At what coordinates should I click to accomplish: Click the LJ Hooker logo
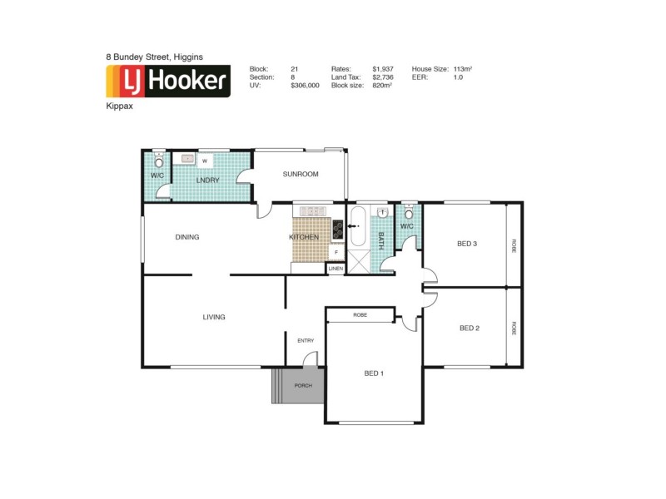coord(167,82)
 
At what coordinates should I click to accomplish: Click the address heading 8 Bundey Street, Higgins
coord(155,57)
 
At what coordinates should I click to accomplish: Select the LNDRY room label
coord(207,180)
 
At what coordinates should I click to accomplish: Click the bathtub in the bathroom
coord(357,227)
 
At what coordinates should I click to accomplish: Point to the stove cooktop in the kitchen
coord(338,227)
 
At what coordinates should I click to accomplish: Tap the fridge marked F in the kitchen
coord(336,252)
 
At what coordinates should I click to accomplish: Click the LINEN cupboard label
coord(335,269)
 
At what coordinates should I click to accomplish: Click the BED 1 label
coord(374,373)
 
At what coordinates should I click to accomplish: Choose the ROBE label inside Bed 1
coord(360,315)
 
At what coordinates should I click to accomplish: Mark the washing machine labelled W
coord(204,161)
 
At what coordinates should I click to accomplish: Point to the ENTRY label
coord(306,340)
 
